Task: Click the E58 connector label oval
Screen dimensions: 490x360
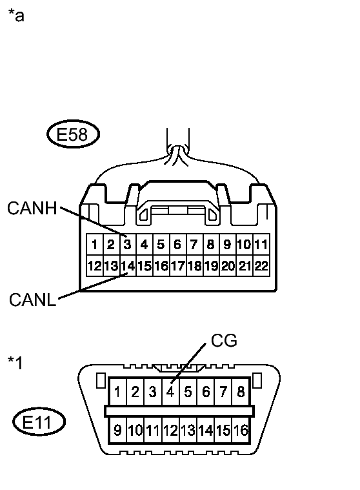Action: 72,135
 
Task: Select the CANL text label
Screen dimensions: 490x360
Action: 33,300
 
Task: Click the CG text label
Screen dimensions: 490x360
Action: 225,340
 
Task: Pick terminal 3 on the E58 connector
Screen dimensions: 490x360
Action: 128,245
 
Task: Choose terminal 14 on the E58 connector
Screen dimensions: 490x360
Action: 128,265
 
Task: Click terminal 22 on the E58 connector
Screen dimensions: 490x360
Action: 261,265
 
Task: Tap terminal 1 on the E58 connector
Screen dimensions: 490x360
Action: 94,245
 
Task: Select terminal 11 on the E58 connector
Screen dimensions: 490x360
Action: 261,245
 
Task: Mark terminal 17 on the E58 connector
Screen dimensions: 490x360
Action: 178,265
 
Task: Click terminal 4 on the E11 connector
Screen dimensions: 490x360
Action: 170,391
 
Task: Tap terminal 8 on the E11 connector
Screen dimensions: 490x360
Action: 241,391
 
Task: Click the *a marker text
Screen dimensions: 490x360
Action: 15,15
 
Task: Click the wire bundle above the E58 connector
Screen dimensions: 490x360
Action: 178,152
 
